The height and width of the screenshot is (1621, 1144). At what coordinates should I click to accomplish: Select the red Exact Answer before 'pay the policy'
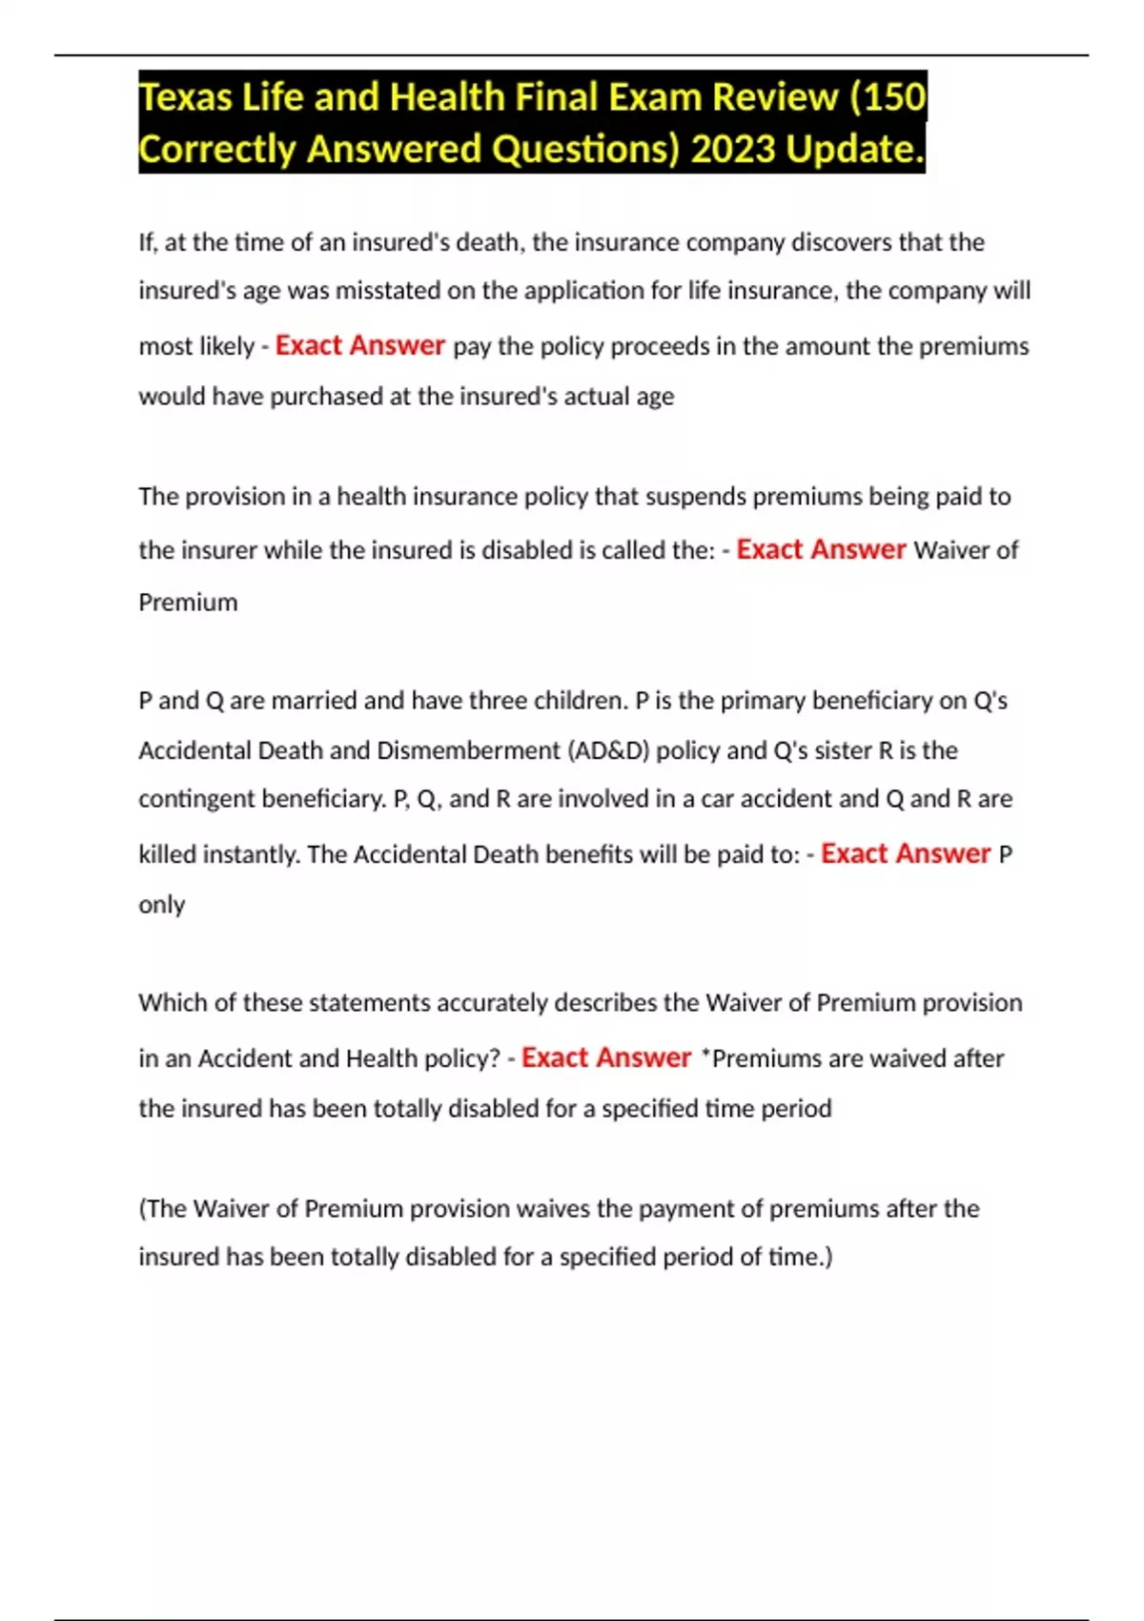click(360, 345)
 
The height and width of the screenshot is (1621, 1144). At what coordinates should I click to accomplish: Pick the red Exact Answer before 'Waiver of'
click(821, 549)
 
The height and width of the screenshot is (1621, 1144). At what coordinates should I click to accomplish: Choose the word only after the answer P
click(161, 904)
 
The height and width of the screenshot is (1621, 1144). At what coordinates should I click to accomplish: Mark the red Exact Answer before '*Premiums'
click(606, 1057)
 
